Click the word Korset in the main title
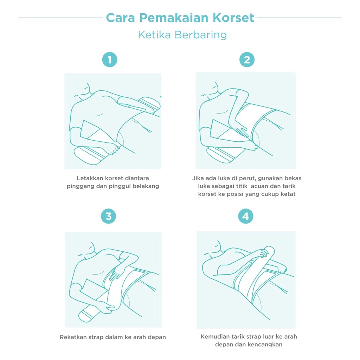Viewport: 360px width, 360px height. tap(233, 18)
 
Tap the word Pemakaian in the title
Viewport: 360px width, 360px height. tap(174, 18)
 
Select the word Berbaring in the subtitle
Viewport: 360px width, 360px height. tap(201, 35)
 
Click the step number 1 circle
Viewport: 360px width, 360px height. tap(110, 60)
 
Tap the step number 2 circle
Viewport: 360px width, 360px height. tap(247, 60)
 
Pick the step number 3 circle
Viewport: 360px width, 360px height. tap(108, 216)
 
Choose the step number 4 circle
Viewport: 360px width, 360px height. tap(246, 216)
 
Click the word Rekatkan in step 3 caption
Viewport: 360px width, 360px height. tap(73, 337)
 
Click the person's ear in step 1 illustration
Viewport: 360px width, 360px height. tap(86, 88)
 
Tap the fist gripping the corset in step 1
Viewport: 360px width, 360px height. tap(113, 149)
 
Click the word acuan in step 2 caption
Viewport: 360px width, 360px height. tap(259, 186)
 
